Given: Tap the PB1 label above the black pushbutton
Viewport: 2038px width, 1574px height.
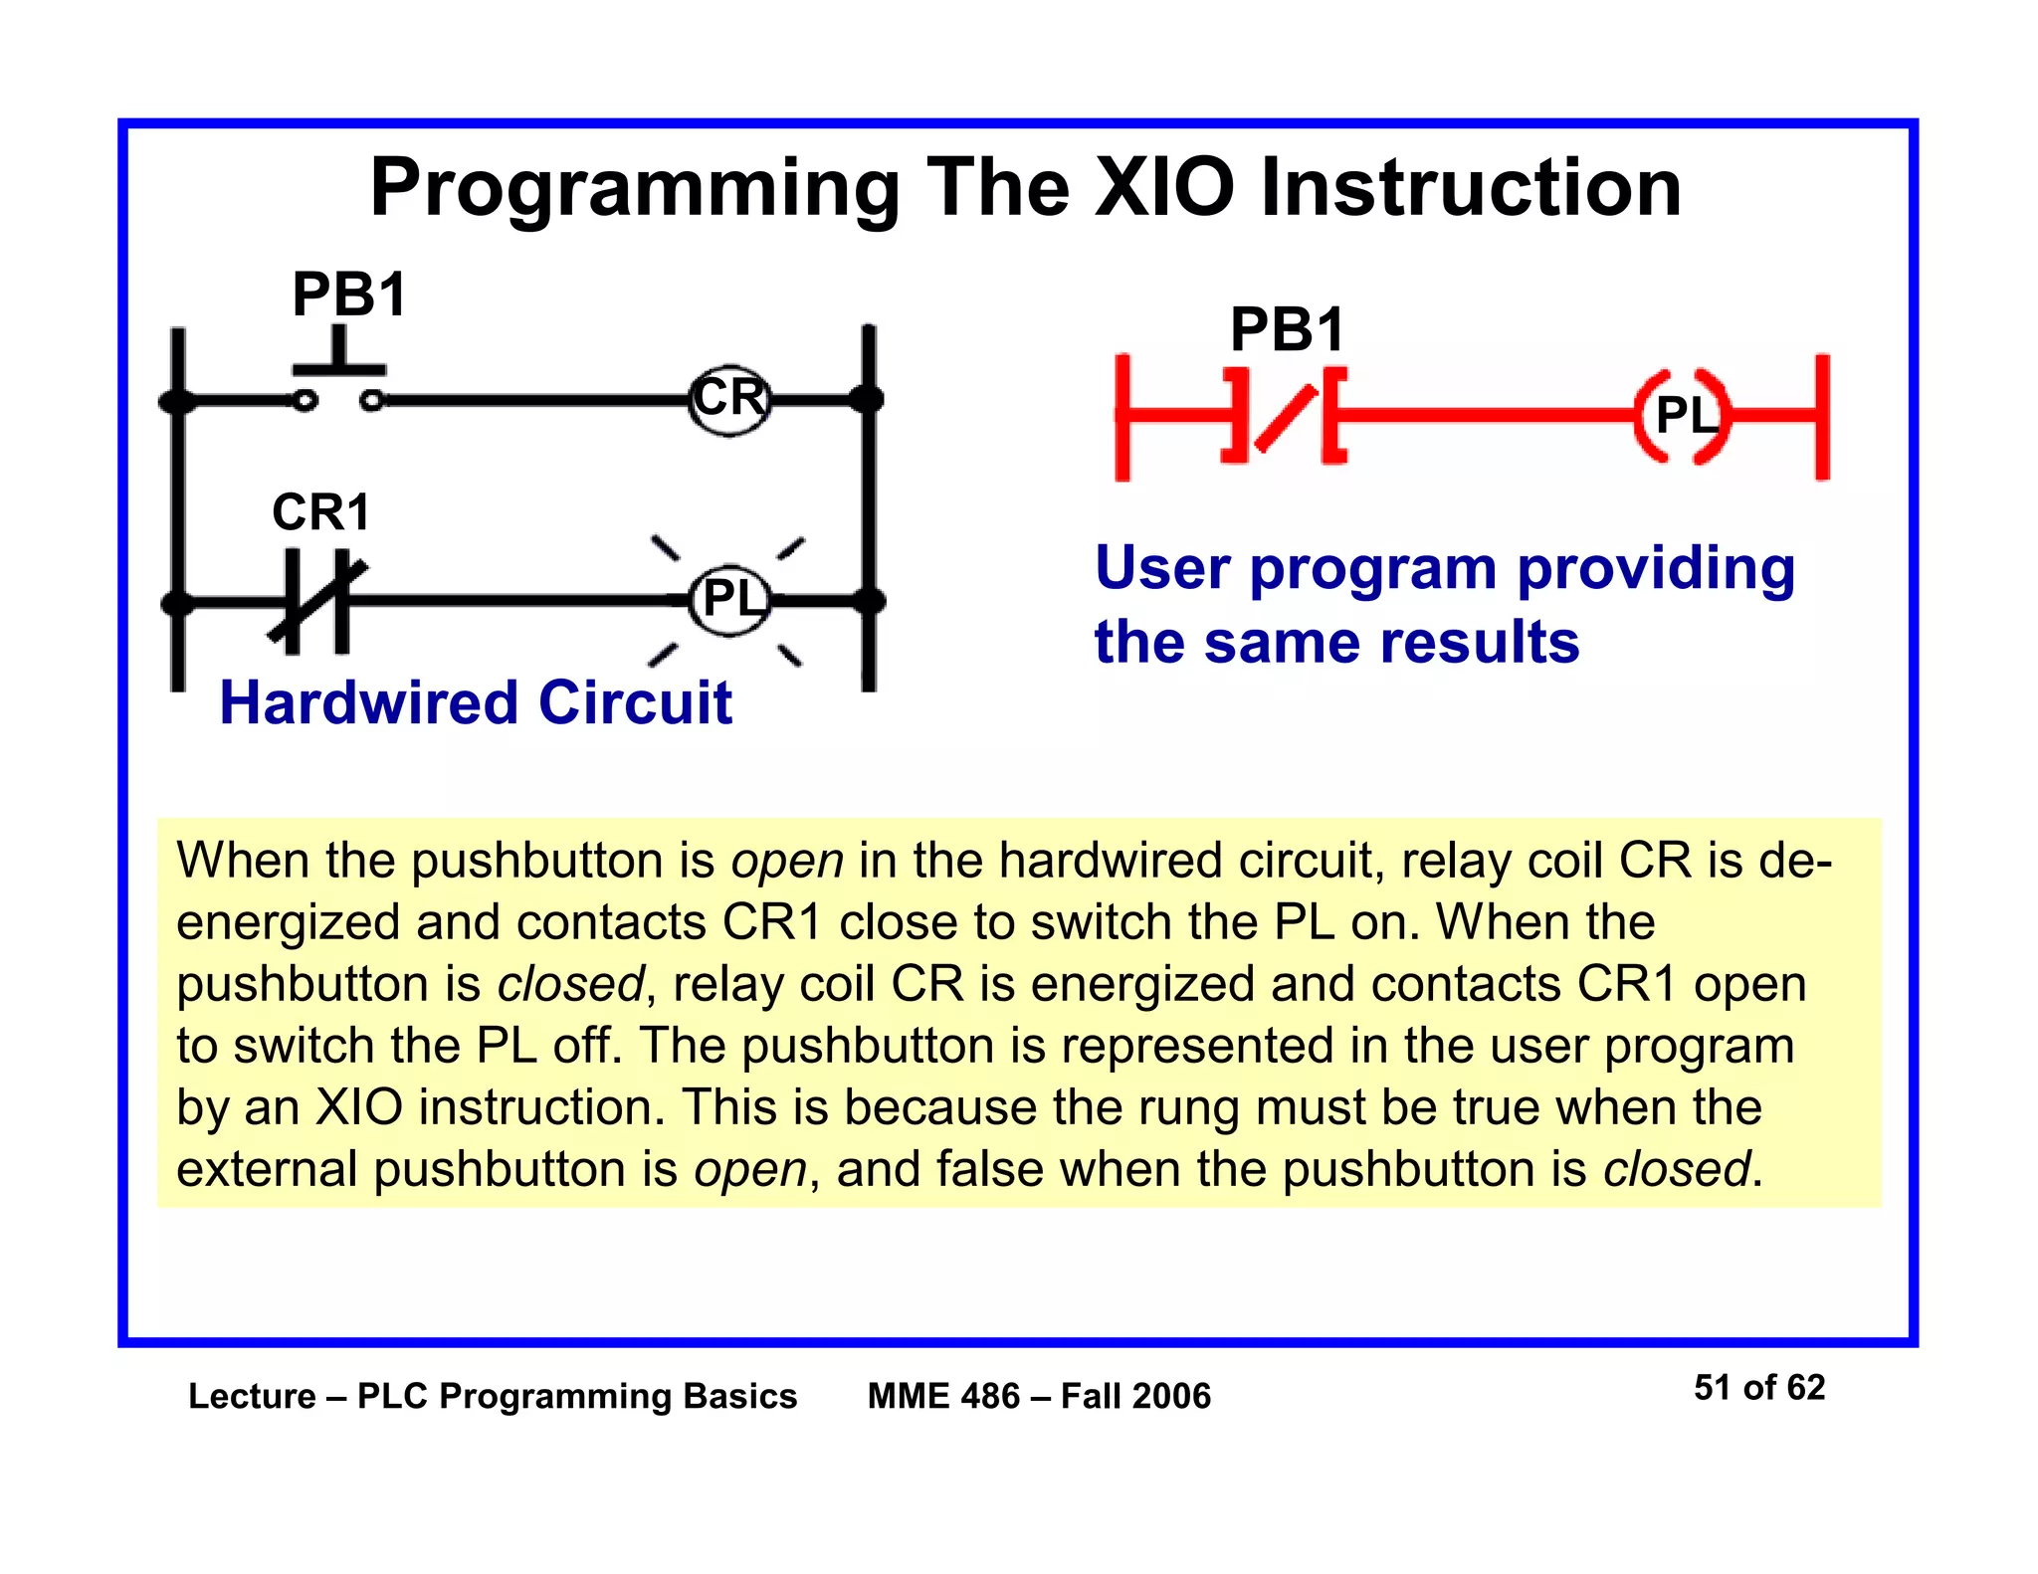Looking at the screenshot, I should pyautogui.click(x=349, y=295).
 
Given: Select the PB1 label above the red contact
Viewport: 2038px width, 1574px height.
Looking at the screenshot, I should pyautogui.click(x=1287, y=330).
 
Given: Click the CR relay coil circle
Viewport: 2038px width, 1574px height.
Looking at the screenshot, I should pyautogui.click(x=729, y=400).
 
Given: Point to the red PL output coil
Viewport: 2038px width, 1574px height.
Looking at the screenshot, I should pyautogui.click(x=1683, y=416).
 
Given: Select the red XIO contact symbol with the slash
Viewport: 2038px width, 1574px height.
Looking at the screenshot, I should pyautogui.click(x=1284, y=416).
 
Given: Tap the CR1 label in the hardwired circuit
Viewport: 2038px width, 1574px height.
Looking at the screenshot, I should pyautogui.click(x=320, y=513).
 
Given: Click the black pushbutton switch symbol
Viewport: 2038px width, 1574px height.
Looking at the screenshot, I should pyautogui.click(x=338, y=383).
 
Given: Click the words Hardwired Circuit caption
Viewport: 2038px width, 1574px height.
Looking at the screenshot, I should pyautogui.click(x=475, y=703).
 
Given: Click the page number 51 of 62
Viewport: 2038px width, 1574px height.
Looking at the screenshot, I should pyautogui.click(x=1758, y=1388).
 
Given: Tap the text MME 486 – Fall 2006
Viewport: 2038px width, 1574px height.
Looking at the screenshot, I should pyautogui.click(x=1039, y=1397).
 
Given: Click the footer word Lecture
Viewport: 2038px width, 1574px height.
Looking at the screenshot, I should pyautogui.click(x=252, y=1397).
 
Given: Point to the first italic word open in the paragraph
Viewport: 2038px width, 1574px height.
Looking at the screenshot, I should pyautogui.click(x=787, y=861).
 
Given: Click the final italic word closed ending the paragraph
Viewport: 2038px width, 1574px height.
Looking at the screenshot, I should pyautogui.click(x=1676, y=1169).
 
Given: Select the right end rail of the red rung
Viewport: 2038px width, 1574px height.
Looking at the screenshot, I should pyautogui.click(x=1821, y=416).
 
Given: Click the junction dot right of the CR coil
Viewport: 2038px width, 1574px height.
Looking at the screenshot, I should pyautogui.click(x=867, y=400).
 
